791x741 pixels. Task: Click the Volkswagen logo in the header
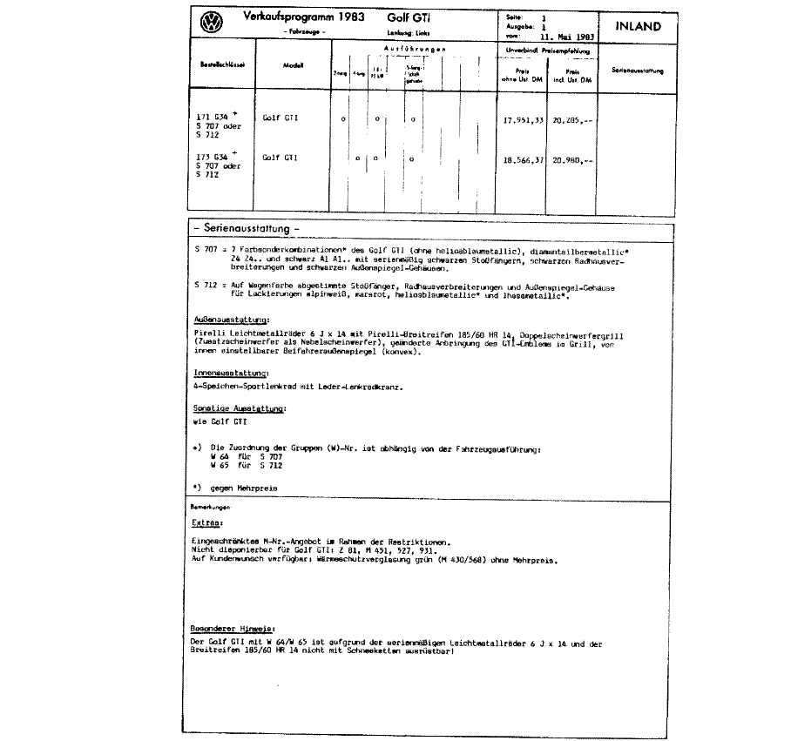coord(210,24)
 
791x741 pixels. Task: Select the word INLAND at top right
coord(638,26)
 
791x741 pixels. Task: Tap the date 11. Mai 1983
coord(566,37)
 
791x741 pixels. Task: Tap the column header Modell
coord(293,66)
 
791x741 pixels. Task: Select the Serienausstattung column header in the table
coord(637,70)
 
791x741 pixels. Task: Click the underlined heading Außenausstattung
coord(226,320)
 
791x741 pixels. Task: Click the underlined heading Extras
coord(208,523)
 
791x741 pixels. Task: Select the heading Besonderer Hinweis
coord(233,628)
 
